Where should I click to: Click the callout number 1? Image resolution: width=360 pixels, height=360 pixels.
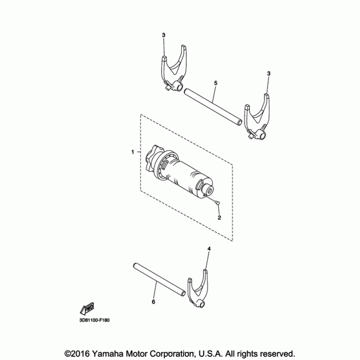tap(132, 152)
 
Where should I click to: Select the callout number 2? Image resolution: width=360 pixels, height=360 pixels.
tap(219, 217)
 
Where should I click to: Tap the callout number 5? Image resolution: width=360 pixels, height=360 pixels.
tap(216, 83)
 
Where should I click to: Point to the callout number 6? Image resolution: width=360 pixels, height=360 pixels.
tap(153, 301)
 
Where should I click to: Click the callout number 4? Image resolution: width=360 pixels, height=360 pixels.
tap(209, 249)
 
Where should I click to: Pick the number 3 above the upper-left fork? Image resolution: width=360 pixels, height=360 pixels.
tap(163, 35)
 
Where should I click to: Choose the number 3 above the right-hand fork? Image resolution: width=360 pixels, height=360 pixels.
tap(269, 73)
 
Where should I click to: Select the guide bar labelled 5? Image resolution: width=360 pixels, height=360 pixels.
tap(213, 107)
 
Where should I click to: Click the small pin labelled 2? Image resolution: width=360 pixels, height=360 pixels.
tap(217, 202)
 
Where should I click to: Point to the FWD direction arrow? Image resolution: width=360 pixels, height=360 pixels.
tap(87, 309)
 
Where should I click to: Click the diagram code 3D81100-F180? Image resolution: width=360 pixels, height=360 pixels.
tap(94, 320)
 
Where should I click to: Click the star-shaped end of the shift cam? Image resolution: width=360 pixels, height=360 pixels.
tap(152, 158)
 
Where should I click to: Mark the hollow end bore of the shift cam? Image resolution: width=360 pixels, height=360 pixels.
tap(209, 190)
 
